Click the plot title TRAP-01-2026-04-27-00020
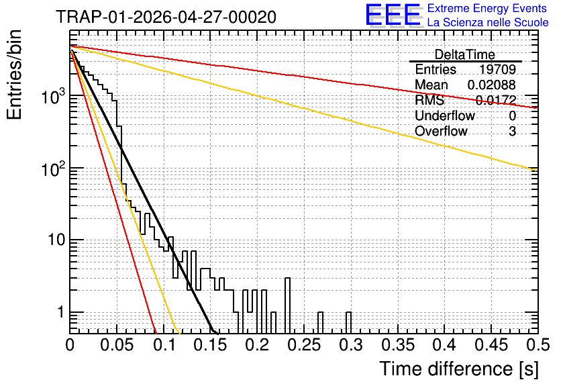tap(166, 17)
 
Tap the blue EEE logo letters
tap(393, 15)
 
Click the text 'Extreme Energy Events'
tap(487, 8)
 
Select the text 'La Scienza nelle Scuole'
tap(488, 22)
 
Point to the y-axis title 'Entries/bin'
tap(14, 75)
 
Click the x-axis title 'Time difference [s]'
tap(459, 369)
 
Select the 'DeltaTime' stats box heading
tap(464, 54)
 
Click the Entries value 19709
tap(497, 69)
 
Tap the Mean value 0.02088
tap(492, 85)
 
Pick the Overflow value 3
tap(512, 132)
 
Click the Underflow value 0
tap(512, 115)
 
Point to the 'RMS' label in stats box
tap(429, 100)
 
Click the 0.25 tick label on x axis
tap(305, 345)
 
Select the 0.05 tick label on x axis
tap(117, 345)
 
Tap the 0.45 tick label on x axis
tap(492, 345)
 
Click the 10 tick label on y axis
tap(57, 240)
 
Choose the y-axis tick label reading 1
tap(60, 312)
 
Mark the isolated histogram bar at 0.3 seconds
tap(348, 323)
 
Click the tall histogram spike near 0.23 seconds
tap(288, 305)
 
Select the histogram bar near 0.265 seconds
tap(321, 323)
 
